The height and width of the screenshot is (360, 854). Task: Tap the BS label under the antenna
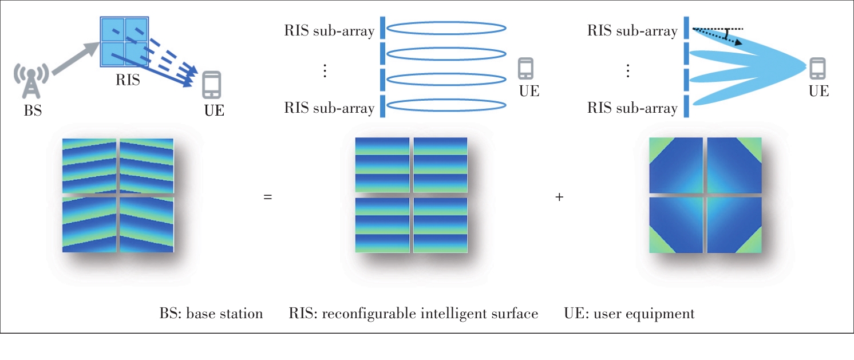(x=33, y=111)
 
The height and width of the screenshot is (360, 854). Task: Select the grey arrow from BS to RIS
(x=73, y=58)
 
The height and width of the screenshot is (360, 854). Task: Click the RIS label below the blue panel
(x=128, y=80)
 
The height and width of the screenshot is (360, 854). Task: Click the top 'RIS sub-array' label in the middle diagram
(x=329, y=31)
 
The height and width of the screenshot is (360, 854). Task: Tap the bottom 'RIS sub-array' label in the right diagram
(x=632, y=108)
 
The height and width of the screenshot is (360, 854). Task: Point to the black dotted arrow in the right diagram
(x=718, y=36)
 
